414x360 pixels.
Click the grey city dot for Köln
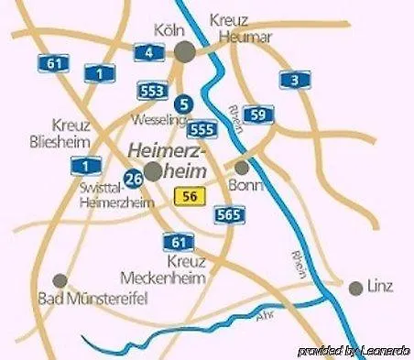point(186,51)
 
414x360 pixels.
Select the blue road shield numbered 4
point(148,52)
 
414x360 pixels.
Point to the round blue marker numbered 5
point(184,104)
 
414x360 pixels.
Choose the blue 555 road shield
point(204,129)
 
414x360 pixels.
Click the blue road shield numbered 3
point(293,80)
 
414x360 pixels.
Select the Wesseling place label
point(158,120)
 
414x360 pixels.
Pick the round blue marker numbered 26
point(134,178)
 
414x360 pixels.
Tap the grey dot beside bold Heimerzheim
point(153,171)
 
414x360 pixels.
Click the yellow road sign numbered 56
point(190,194)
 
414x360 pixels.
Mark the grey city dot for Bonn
point(242,169)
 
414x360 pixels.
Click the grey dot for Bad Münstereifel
point(60,280)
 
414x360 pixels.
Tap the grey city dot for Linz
point(355,288)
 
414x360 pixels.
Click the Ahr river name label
point(266,317)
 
